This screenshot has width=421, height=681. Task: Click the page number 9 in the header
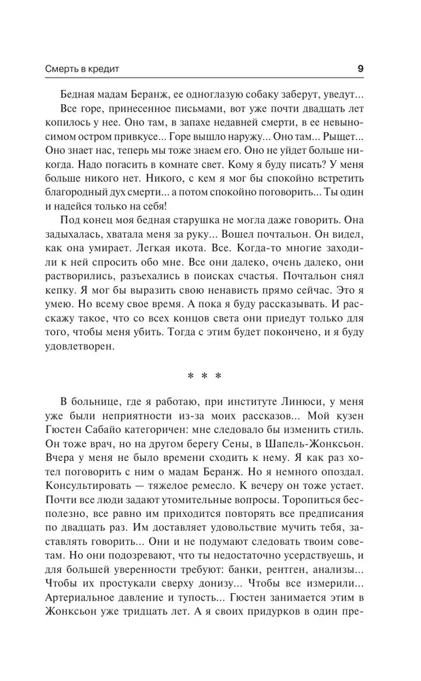click(x=360, y=68)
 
